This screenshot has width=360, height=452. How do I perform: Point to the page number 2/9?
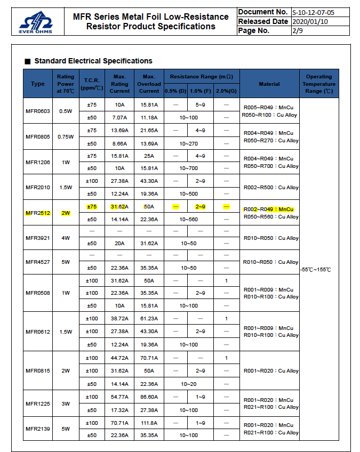tap(297, 31)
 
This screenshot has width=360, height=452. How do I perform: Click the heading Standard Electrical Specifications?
tap(93, 61)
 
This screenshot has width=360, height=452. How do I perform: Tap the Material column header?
tap(269, 84)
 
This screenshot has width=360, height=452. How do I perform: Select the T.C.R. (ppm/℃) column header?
tap(91, 84)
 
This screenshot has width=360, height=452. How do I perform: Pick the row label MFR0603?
tap(38, 111)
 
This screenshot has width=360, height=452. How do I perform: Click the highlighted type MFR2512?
tap(38, 213)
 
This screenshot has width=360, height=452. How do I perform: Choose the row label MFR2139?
tap(38, 429)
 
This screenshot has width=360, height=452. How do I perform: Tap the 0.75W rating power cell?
tap(66, 136)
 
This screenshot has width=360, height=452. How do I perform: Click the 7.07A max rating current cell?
tap(119, 117)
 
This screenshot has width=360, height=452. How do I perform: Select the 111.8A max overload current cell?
tap(149, 423)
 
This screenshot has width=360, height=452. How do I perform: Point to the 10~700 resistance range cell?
tap(189, 168)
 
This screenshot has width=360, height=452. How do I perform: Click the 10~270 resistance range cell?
tap(189, 143)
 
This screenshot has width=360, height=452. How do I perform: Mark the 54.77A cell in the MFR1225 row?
tap(119, 397)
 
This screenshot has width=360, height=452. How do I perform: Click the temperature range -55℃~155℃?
tap(316, 270)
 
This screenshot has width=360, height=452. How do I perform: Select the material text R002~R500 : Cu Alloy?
tap(270, 188)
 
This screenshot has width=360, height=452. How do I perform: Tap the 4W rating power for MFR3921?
tap(66, 238)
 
